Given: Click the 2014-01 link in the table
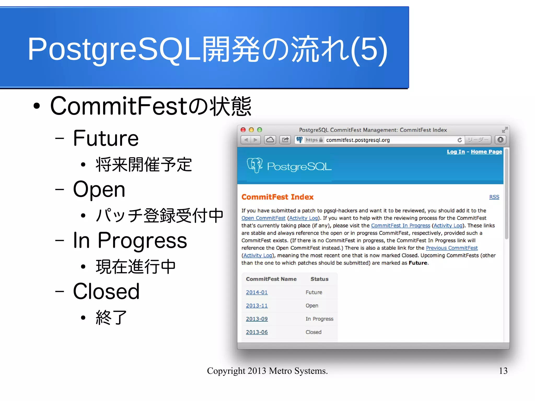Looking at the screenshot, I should point(257,292).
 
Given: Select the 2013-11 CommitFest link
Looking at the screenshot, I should point(257,306).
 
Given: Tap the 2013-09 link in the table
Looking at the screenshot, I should point(257,319).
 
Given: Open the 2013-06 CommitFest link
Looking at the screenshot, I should point(257,332).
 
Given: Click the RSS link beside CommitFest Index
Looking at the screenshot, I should point(494,197).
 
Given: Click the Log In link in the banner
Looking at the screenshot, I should point(456,152).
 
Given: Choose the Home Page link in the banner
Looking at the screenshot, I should point(486,152).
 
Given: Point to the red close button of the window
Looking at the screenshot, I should point(243,130).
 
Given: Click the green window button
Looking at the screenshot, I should point(259,130).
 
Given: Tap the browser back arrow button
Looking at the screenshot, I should point(246,140).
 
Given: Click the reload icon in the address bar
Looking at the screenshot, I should point(460,140).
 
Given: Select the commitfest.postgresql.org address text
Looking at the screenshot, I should point(358,140).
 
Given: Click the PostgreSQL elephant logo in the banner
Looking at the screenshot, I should point(255,165).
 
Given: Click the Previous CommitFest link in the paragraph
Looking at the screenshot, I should point(451,248).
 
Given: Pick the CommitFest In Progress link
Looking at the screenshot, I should point(400,225).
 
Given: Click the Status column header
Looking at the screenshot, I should point(319,279).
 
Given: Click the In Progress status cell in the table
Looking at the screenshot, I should point(319,319).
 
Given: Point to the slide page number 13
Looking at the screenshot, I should point(503,371).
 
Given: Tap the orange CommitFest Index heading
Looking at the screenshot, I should point(277,197).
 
